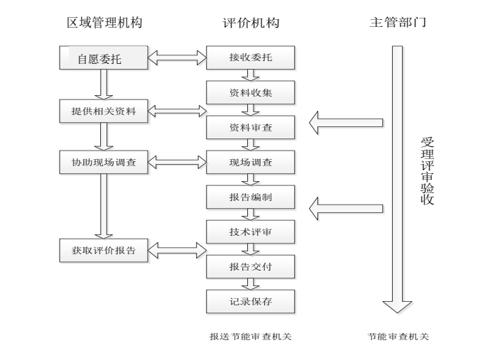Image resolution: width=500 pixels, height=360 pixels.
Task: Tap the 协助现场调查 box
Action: pos(104,162)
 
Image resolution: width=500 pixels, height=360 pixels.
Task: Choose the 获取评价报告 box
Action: pos(104,250)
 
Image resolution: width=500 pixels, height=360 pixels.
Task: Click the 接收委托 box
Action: pos(250,58)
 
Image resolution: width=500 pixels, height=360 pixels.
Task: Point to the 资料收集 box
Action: pos(250,92)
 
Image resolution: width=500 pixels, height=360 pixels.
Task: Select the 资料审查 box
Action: pos(250,127)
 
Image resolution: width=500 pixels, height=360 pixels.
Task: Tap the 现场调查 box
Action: pos(250,162)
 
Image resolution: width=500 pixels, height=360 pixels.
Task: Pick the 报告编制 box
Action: pos(250,197)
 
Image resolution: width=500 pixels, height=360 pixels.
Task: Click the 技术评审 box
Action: pos(250,231)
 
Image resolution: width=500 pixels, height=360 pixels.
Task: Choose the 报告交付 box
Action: pos(250,266)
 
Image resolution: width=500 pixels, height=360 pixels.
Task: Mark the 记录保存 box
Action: pos(250,301)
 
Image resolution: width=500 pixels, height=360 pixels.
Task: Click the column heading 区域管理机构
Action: pos(104,23)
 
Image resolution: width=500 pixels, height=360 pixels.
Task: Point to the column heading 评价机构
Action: pos(250,23)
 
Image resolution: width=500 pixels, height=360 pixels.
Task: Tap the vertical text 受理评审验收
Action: pos(426,170)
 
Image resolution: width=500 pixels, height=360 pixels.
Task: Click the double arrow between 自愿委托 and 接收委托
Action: pos(178,58)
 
